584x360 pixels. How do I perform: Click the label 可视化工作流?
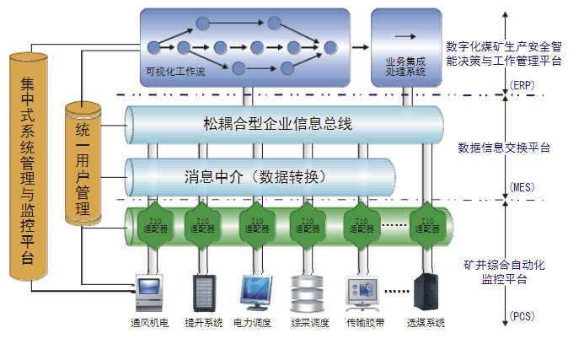tap(175, 73)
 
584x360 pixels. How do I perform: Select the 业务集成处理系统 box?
tap(405, 47)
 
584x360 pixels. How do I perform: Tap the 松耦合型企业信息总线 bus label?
tap(277, 124)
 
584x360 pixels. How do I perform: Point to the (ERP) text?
tap(522, 86)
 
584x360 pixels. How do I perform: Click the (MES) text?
tap(522, 187)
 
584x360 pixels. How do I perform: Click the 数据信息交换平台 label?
tap(504, 148)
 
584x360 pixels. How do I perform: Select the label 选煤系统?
tap(425, 323)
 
